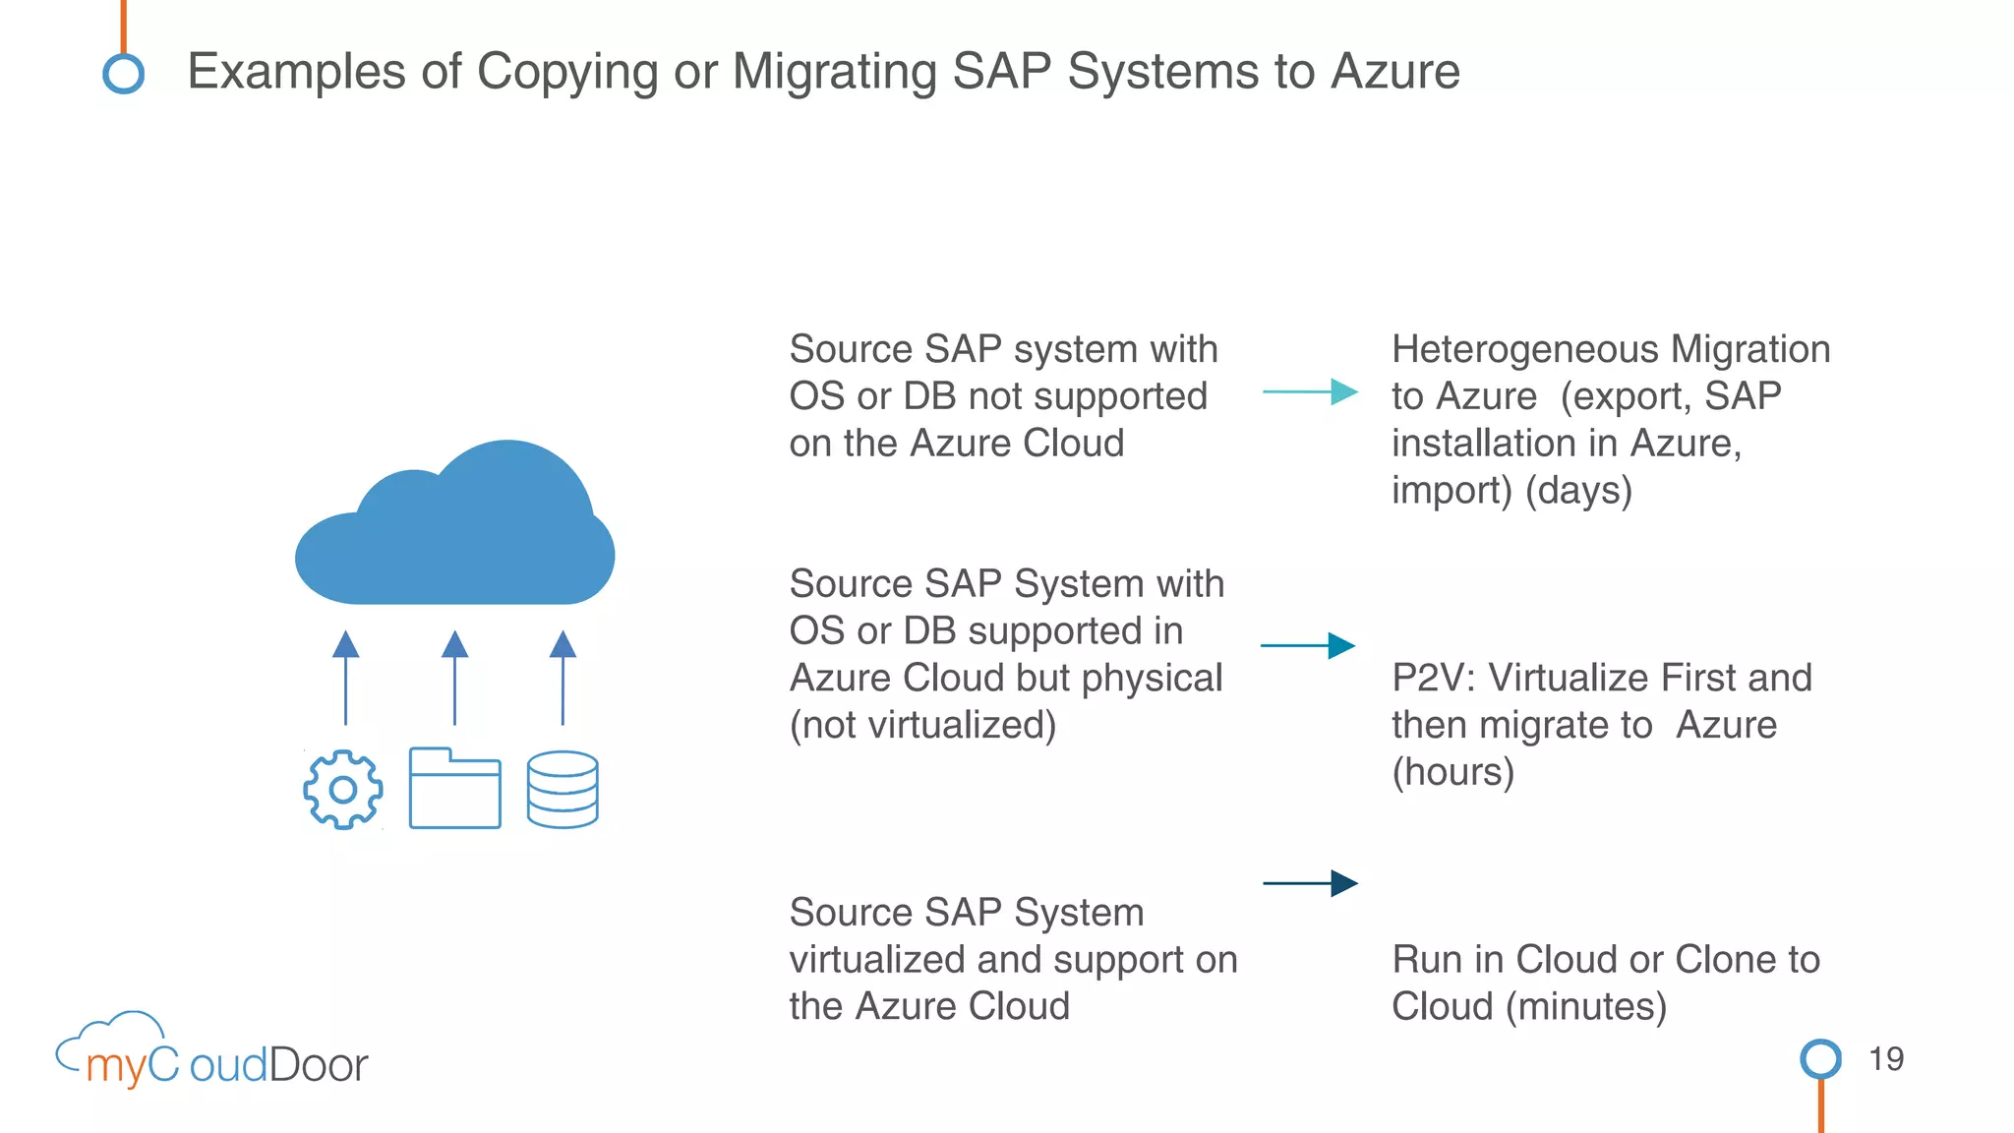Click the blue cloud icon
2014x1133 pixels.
click(x=455, y=531)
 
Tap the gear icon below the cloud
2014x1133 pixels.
click(x=342, y=789)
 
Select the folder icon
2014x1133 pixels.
click(x=454, y=789)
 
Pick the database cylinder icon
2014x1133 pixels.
click(x=563, y=789)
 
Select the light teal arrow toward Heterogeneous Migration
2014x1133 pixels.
click(x=1310, y=391)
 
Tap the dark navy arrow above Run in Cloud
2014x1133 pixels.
click(x=1310, y=883)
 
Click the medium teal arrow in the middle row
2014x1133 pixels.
click(x=1308, y=645)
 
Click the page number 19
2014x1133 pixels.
click(x=1885, y=1059)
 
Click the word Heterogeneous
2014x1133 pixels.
click(x=1524, y=349)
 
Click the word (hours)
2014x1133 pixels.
click(x=1452, y=772)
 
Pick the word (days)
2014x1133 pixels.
click(x=1578, y=490)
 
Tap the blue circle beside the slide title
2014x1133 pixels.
click(x=124, y=74)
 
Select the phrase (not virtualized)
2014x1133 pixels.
click(x=922, y=725)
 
